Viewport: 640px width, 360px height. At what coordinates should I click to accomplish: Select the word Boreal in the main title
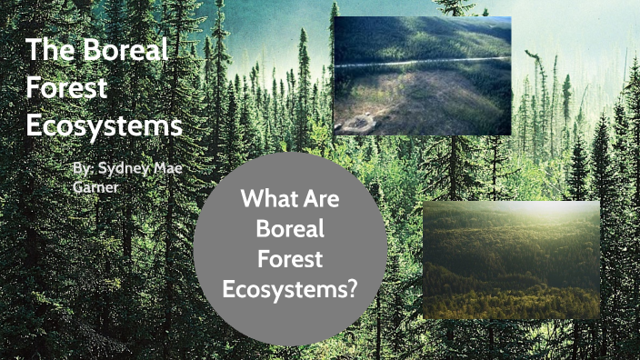125,50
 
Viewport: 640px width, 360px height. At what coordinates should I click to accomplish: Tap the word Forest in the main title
67,87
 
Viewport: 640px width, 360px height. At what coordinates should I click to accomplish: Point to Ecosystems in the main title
104,125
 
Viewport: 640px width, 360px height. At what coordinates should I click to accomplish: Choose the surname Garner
95,186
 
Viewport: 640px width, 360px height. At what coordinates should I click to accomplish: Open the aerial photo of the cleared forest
421,75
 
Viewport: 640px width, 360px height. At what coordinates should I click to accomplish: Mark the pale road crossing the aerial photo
421,61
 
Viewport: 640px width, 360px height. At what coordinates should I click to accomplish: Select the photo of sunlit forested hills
511,260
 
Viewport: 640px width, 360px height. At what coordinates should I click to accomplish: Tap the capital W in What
248,198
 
